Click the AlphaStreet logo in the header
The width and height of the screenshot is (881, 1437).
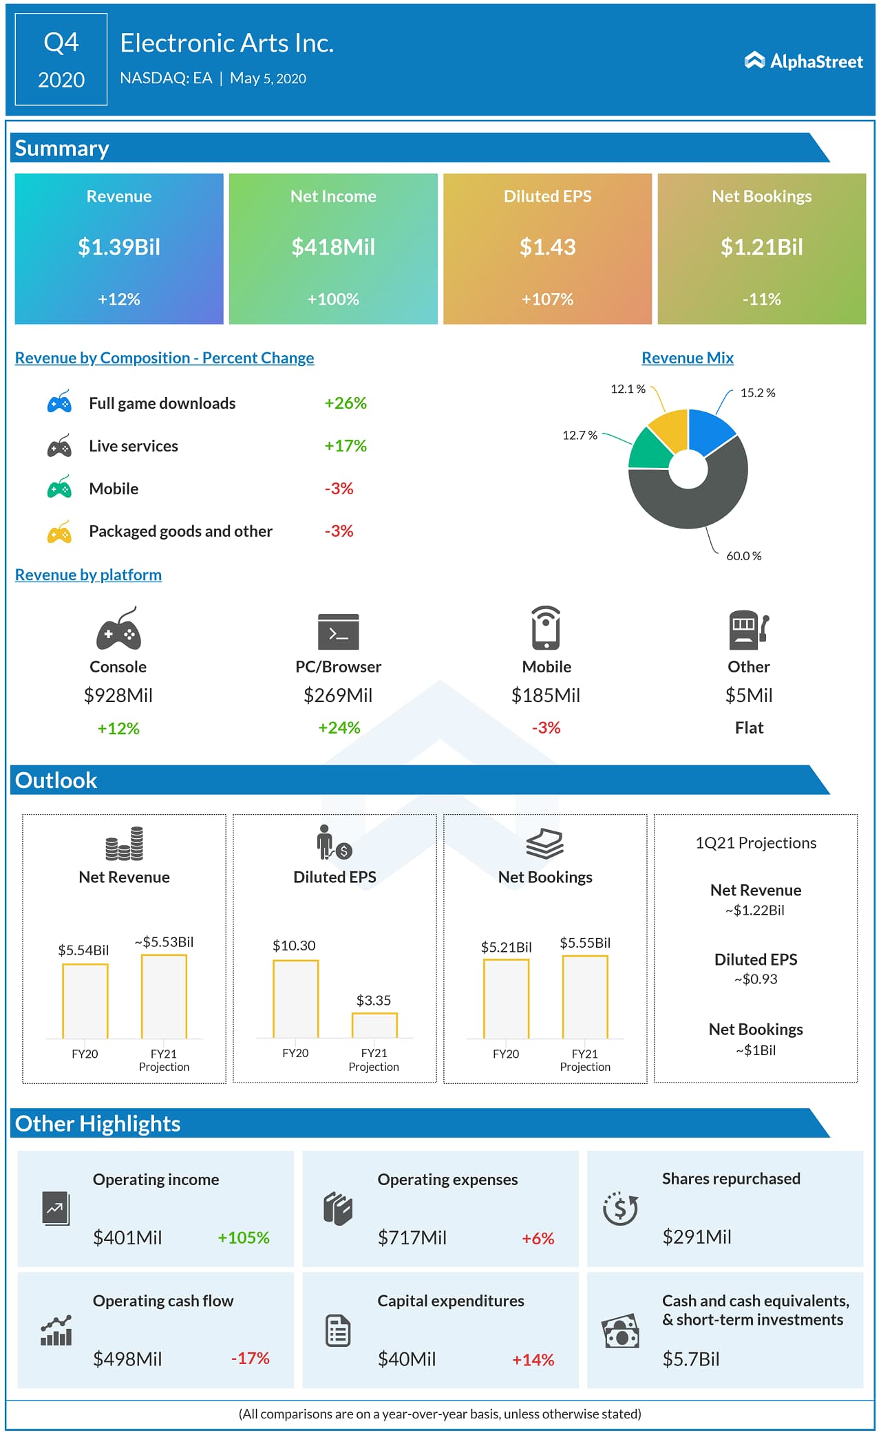803,61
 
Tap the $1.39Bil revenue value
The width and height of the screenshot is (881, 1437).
119,246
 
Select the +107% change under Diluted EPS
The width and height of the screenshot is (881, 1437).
547,299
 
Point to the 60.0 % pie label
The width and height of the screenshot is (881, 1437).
743,556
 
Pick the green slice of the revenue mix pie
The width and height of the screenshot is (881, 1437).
648,451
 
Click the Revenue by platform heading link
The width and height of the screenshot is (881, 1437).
88,575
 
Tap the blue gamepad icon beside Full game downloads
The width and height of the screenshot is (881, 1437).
59,403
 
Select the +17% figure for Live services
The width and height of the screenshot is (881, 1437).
346,446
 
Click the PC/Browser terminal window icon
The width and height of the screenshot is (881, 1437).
338,631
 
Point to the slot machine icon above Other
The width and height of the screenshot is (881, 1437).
748,630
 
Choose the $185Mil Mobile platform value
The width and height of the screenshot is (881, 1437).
546,696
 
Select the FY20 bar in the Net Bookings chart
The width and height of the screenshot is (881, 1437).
506,999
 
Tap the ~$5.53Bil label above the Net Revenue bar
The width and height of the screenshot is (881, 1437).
164,941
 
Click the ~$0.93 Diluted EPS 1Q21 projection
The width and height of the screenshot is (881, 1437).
756,979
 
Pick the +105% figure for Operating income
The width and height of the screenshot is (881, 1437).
244,1237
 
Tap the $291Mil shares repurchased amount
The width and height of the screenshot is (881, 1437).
697,1237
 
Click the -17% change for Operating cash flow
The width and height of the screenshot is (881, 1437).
251,1358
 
